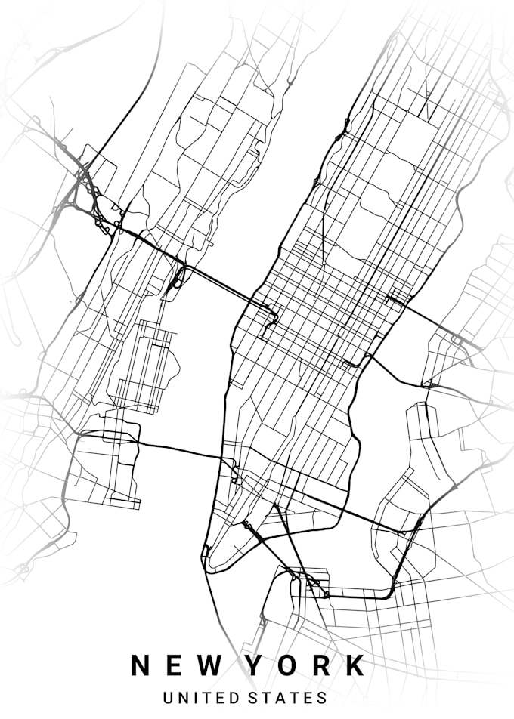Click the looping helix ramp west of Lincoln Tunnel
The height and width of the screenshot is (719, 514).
pos(178,278)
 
